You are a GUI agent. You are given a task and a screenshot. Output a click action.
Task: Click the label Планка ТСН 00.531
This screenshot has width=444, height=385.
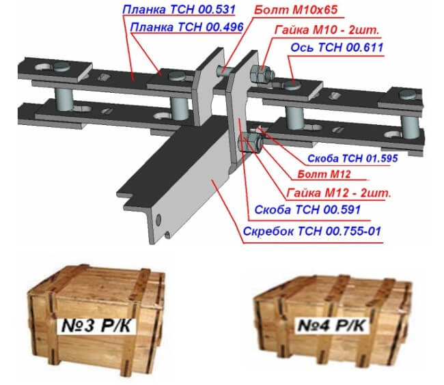(179, 10)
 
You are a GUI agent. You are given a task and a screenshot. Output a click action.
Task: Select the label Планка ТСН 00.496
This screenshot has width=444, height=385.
(186, 27)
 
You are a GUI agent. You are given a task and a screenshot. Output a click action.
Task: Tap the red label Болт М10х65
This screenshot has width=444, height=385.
(296, 10)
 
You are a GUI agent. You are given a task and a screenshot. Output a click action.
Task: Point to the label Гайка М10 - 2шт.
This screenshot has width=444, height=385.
(327, 30)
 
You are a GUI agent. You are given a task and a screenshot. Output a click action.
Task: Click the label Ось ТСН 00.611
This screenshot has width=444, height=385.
(337, 48)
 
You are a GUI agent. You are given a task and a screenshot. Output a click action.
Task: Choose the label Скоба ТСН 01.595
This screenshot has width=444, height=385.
(352, 158)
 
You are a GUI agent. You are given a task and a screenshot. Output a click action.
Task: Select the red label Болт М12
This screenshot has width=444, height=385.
(324, 174)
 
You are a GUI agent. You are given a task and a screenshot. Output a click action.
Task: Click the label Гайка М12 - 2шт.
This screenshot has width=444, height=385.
(339, 193)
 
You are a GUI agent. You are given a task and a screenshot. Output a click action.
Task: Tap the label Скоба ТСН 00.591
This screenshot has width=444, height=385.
(307, 210)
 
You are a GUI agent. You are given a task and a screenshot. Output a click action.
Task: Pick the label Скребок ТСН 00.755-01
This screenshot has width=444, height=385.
(312, 231)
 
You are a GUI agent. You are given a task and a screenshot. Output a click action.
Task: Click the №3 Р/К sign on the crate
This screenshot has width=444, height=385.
(96, 326)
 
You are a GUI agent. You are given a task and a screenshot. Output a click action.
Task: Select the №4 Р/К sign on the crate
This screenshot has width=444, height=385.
(331, 325)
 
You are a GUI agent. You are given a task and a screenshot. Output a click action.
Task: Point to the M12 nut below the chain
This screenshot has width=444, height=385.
(251, 143)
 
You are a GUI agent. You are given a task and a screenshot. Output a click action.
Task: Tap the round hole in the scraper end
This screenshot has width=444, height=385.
(158, 220)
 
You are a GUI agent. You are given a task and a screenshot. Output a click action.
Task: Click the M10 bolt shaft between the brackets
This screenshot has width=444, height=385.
(224, 70)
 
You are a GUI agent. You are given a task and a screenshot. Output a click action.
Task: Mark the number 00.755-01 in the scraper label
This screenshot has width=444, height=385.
(353, 231)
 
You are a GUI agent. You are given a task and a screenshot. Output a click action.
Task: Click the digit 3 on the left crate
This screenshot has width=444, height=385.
(88, 326)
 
